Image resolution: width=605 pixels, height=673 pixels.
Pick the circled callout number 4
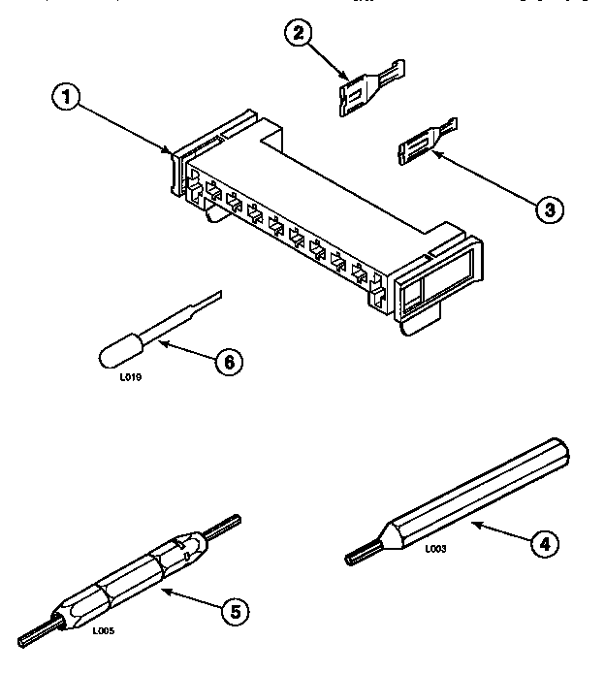(x=546, y=545)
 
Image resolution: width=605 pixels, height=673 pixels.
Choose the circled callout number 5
(x=233, y=610)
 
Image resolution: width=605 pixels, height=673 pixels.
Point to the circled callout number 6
(x=229, y=363)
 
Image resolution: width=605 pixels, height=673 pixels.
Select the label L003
(x=435, y=549)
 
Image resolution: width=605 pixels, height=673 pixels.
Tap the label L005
(x=104, y=630)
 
